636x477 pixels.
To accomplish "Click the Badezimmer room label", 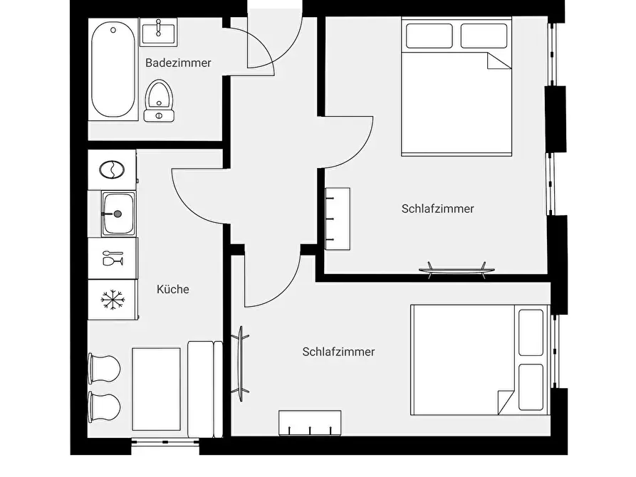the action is pyautogui.click(x=178, y=63).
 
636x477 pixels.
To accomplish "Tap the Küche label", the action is pyautogui.click(x=173, y=289).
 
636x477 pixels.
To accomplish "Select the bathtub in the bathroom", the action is pyautogui.click(x=113, y=69).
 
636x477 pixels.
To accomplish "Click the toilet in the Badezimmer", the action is pyautogui.click(x=159, y=100).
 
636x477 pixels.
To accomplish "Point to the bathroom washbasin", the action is pyautogui.click(x=159, y=32).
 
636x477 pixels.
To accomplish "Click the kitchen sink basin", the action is pyautogui.click(x=118, y=214).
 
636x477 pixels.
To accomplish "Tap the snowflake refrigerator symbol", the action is pyautogui.click(x=113, y=300).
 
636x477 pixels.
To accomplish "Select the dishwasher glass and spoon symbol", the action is pyautogui.click(x=113, y=258).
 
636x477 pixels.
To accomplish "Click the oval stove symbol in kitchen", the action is pyautogui.click(x=112, y=169).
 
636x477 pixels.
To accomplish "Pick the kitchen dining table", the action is pyautogui.click(x=156, y=389).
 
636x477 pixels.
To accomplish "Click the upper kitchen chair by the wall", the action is pyautogui.click(x=104, y=368).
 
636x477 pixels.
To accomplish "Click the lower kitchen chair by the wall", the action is pyautogui.click(x=104, y=407).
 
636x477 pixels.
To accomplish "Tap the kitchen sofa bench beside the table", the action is pyautogui.click(x=205, y=389).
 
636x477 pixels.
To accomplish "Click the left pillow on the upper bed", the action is pyautogui.click(x=429, y=36).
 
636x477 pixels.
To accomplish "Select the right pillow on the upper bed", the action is pyautogui.click(x=484, y=36).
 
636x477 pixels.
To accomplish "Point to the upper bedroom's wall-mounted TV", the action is pyautogui.click(x=457, y=271).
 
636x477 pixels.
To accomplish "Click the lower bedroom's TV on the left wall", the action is pyautogui.click(x=240, y=364).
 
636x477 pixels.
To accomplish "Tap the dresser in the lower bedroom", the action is pyautogui.click(x=310, y=423).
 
